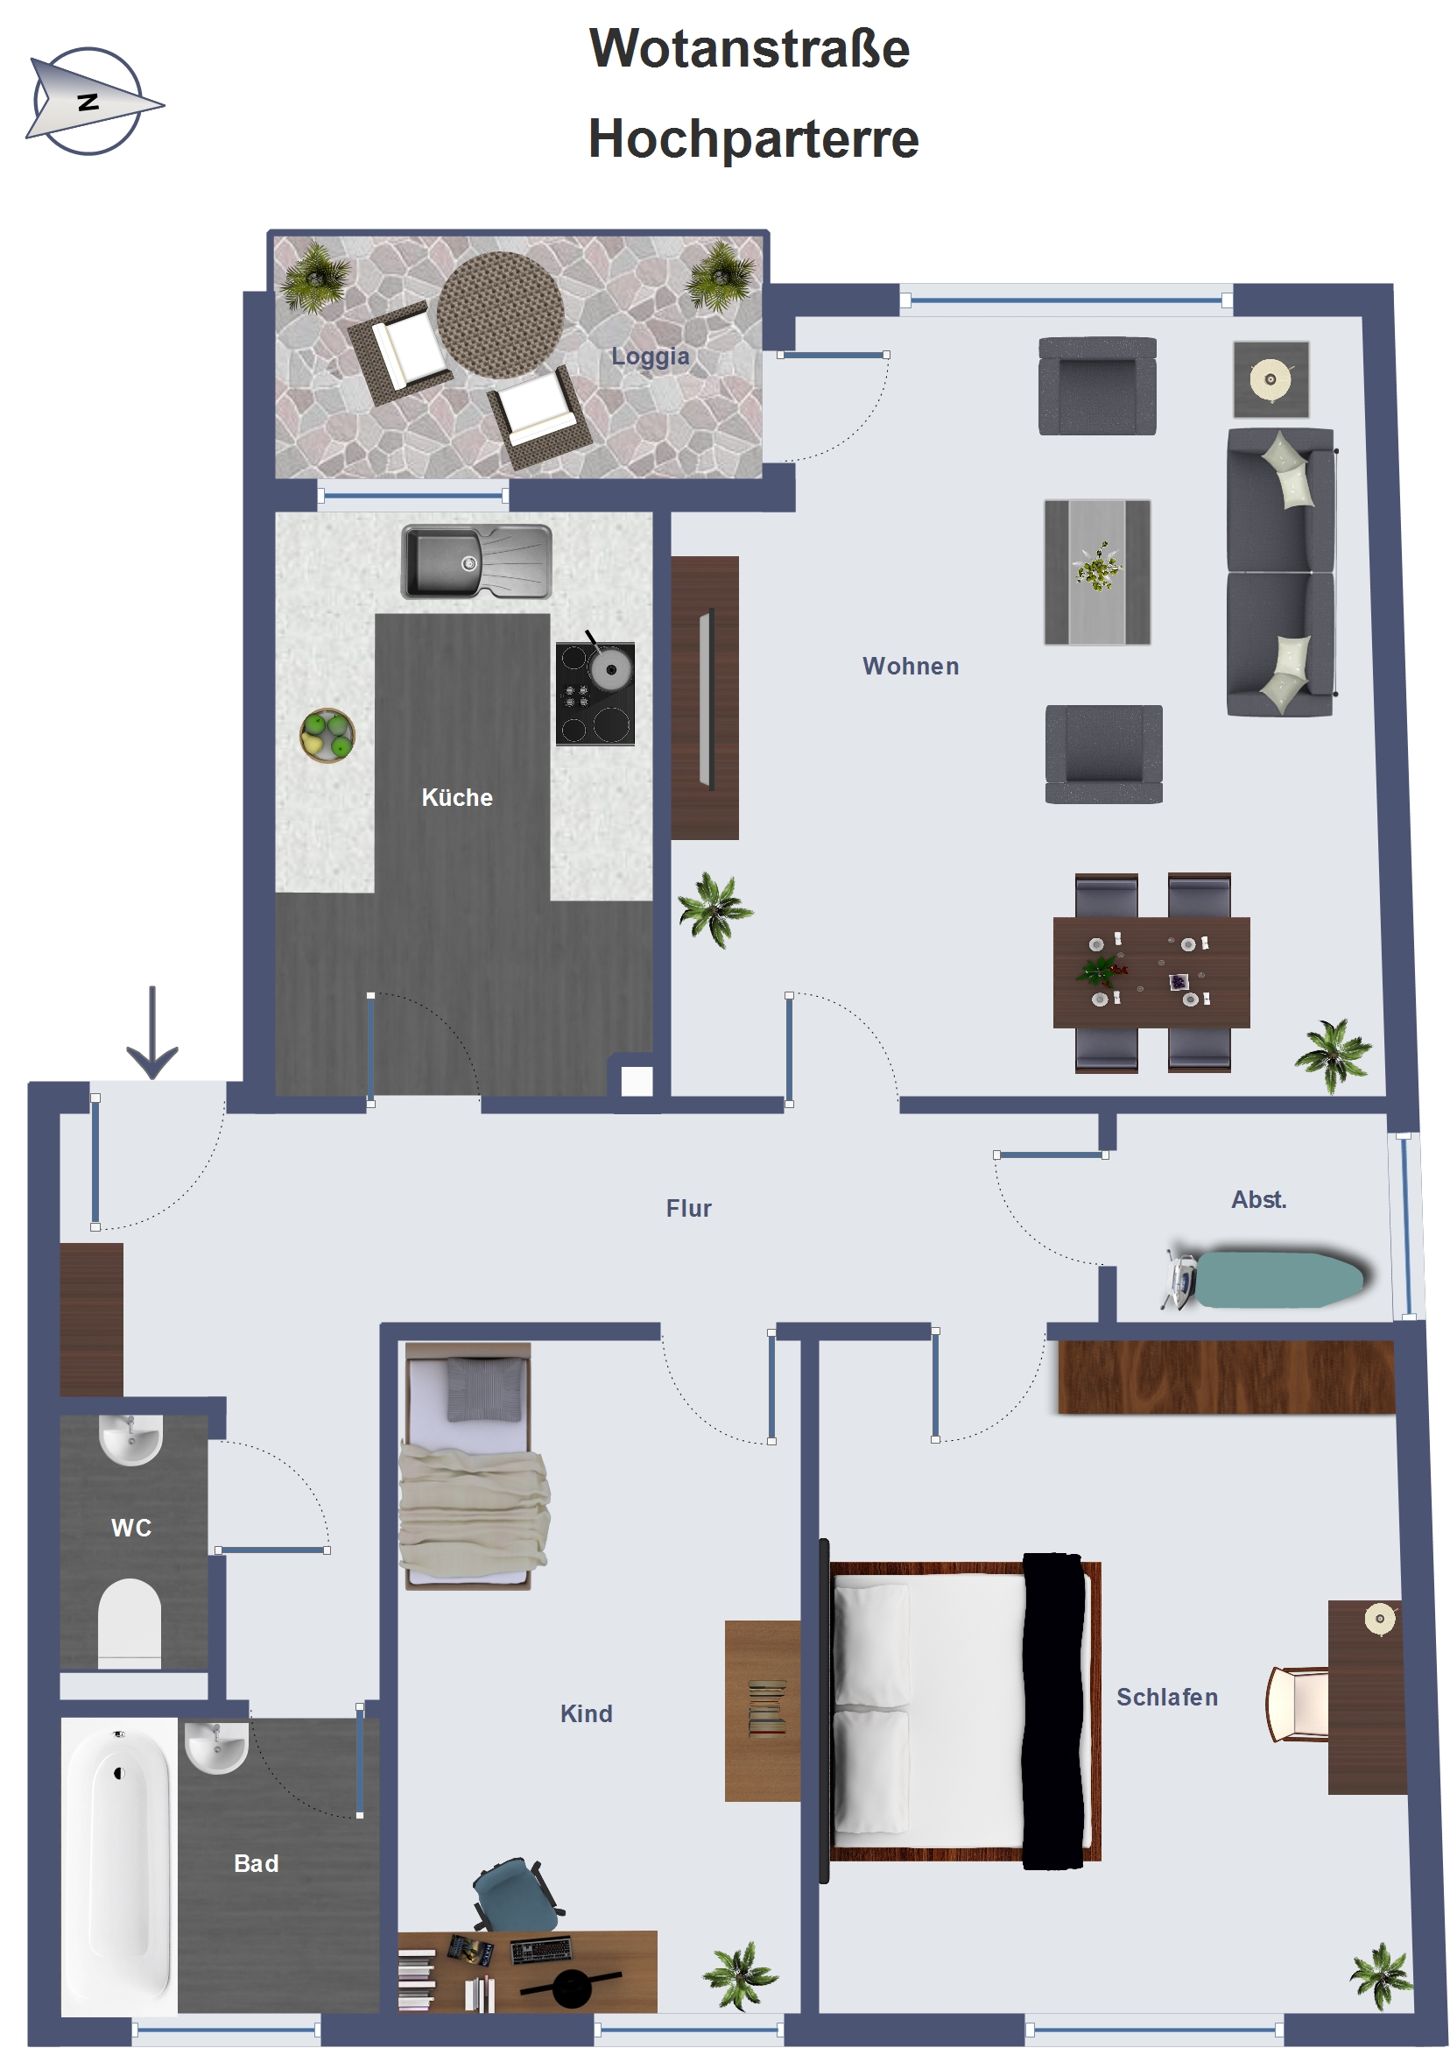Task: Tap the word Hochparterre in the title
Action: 754,139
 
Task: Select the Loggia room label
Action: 650,357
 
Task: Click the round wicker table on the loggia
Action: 500,314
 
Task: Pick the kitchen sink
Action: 476,561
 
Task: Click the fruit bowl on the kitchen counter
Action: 327,735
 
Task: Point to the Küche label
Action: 457,798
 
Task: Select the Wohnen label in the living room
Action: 911,667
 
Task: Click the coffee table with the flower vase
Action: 1097,572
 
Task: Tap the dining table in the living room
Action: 1151,971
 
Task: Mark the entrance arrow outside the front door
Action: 152,1033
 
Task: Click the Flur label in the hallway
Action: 688,1209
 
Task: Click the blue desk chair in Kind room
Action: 516,1896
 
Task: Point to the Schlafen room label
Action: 1167,1697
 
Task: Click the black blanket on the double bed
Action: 1053,1712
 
